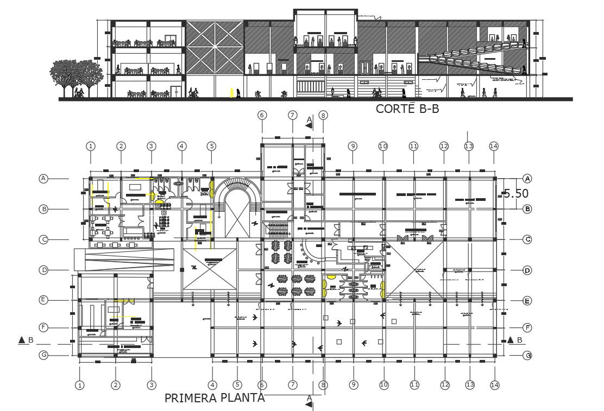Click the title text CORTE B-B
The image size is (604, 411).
407,109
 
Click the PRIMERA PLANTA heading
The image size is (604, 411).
215,398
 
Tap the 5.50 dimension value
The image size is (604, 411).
515,193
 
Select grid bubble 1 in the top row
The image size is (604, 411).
91,146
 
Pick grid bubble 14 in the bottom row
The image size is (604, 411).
494,385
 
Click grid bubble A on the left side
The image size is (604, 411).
43,178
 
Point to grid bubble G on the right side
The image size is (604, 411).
526,356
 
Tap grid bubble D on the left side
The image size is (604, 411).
43,269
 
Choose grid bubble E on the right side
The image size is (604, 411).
526,300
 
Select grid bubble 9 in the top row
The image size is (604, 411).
353,146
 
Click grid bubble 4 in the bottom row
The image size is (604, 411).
212,385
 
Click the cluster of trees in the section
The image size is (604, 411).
76,76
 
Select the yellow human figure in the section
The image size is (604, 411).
233,93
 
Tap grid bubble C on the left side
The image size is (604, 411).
43,239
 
